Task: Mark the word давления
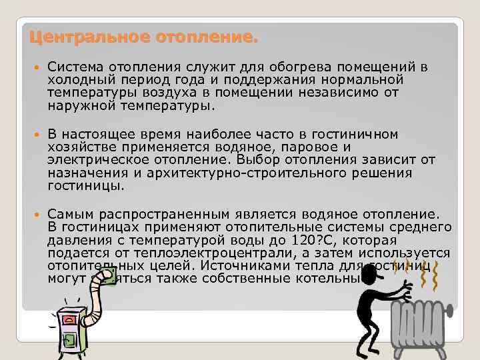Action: (75, 240)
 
